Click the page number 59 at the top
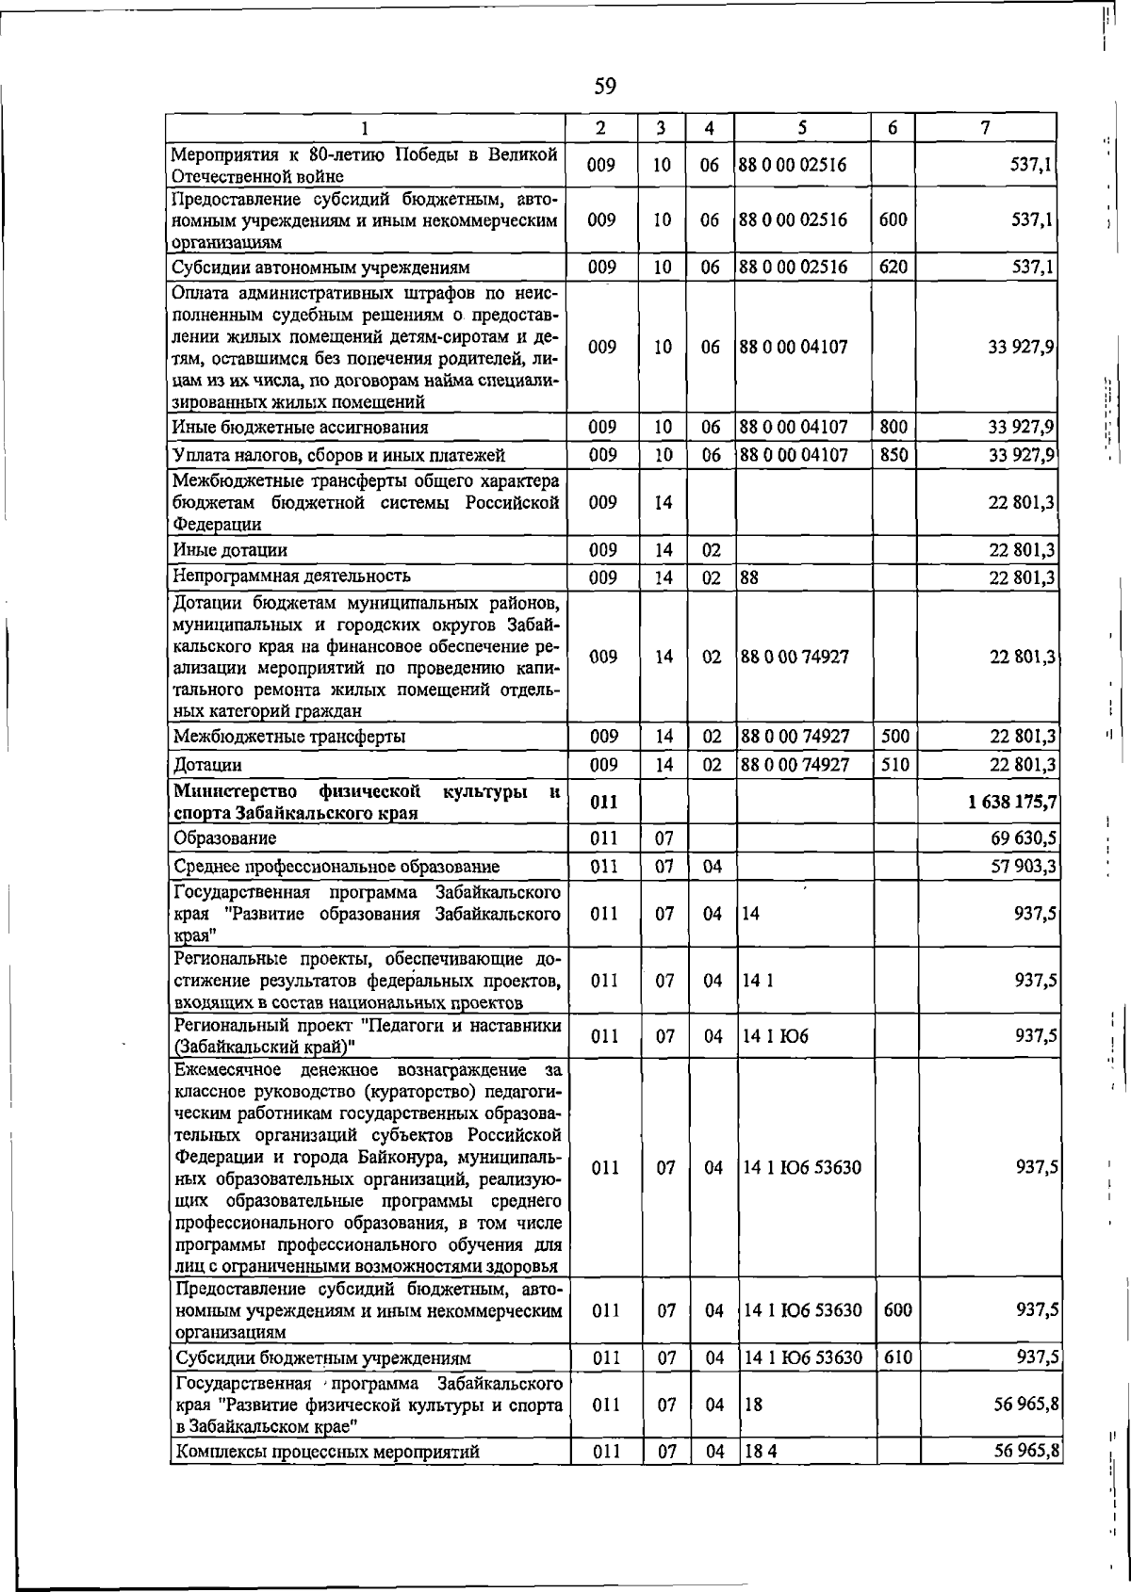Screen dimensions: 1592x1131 (605, 87)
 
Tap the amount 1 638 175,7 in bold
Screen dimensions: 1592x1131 (1010, 803)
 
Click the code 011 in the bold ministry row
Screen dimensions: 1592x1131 (603, 803)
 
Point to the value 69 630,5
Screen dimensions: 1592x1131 (1022, 837)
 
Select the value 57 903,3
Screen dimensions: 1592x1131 (1022, 866)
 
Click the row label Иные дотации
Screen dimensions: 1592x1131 (230, 549)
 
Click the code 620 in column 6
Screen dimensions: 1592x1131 (893, 268)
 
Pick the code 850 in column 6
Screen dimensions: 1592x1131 (893, 455)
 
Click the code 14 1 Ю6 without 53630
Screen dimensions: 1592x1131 (776, 1036)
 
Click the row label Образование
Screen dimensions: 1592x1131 (224, 837)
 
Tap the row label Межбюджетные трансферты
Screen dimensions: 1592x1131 (289, 737)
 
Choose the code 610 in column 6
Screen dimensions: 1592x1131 (896, 1357)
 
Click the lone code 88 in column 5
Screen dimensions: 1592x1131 (749, 577)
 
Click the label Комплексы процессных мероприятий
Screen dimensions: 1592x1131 (327, 1478)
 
